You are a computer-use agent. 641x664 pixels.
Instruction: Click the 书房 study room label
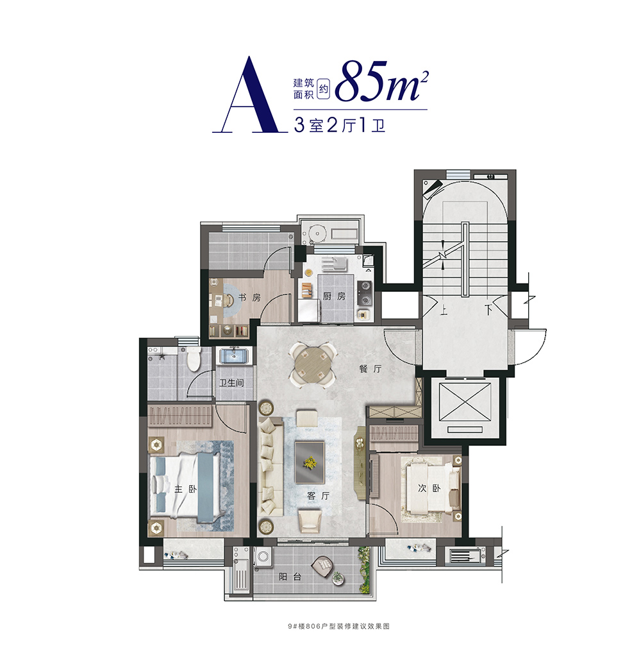coord(249,297)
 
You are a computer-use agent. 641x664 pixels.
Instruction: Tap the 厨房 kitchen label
coord(334,296)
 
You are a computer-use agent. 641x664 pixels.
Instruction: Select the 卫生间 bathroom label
coord(231,383)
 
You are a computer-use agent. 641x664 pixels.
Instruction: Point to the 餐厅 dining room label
coord(370,369)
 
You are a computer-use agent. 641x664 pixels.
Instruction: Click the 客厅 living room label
coord(318,496)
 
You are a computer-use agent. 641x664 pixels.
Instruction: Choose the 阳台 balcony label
coord(290,576)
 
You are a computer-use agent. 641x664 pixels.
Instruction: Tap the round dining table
coord(313,365)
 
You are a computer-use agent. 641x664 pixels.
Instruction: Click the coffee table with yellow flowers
coord(310,463)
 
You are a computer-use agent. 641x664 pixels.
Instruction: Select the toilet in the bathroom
coord(194,359)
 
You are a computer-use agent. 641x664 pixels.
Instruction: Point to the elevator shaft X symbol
coord(465,402)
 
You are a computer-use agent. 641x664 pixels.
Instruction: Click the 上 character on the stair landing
coord(443,310)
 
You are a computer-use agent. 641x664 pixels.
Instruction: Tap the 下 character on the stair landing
coord(488,310)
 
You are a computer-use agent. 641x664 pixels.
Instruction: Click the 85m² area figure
coord(381,81)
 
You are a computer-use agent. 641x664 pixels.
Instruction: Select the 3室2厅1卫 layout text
coord(339,125)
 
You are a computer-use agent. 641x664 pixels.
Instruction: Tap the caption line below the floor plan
coord(338,626)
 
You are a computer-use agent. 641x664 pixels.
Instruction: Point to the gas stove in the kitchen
coord(364,293)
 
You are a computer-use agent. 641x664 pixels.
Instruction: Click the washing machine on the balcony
coord(263,556)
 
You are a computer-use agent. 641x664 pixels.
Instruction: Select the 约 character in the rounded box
coord(324,89)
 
